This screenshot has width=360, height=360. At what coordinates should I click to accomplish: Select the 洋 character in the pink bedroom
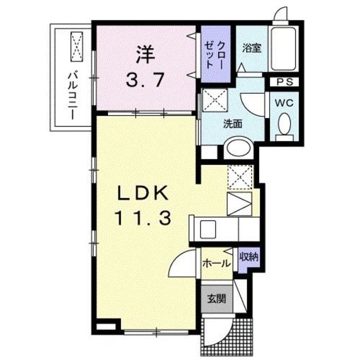point(144,56)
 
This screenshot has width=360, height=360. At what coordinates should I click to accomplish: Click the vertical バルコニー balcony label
point(72,93)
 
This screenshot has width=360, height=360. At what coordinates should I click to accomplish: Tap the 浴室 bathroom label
point(251,48)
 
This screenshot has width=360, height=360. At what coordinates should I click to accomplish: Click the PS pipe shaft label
point(284,82)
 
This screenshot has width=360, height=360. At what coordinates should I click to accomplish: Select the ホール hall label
point(215,263)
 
